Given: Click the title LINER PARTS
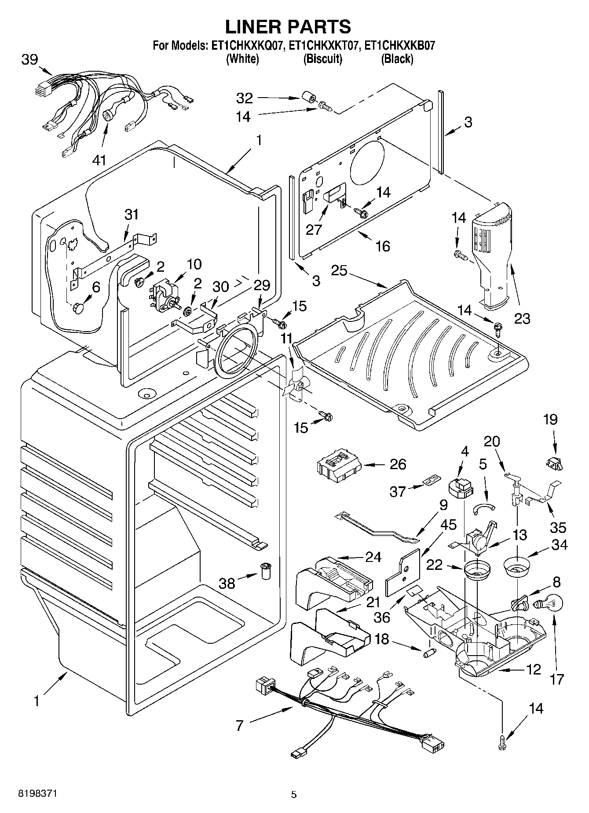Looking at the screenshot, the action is coord(288,26).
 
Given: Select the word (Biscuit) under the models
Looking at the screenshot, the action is coord(322,58).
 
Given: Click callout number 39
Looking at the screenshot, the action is coord(30,60).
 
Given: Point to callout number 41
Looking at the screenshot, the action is coord(99,160).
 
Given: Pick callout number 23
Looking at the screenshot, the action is coord(523,318).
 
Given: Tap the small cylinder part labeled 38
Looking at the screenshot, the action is coord(266,571).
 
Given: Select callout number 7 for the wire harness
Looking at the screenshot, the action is coord(239,726).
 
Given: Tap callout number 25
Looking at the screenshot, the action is coord(339,270).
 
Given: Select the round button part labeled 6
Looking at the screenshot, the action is coord(78,308).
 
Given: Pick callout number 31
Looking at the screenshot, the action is coord(131,215).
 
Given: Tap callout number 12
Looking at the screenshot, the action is coord(533,670).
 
